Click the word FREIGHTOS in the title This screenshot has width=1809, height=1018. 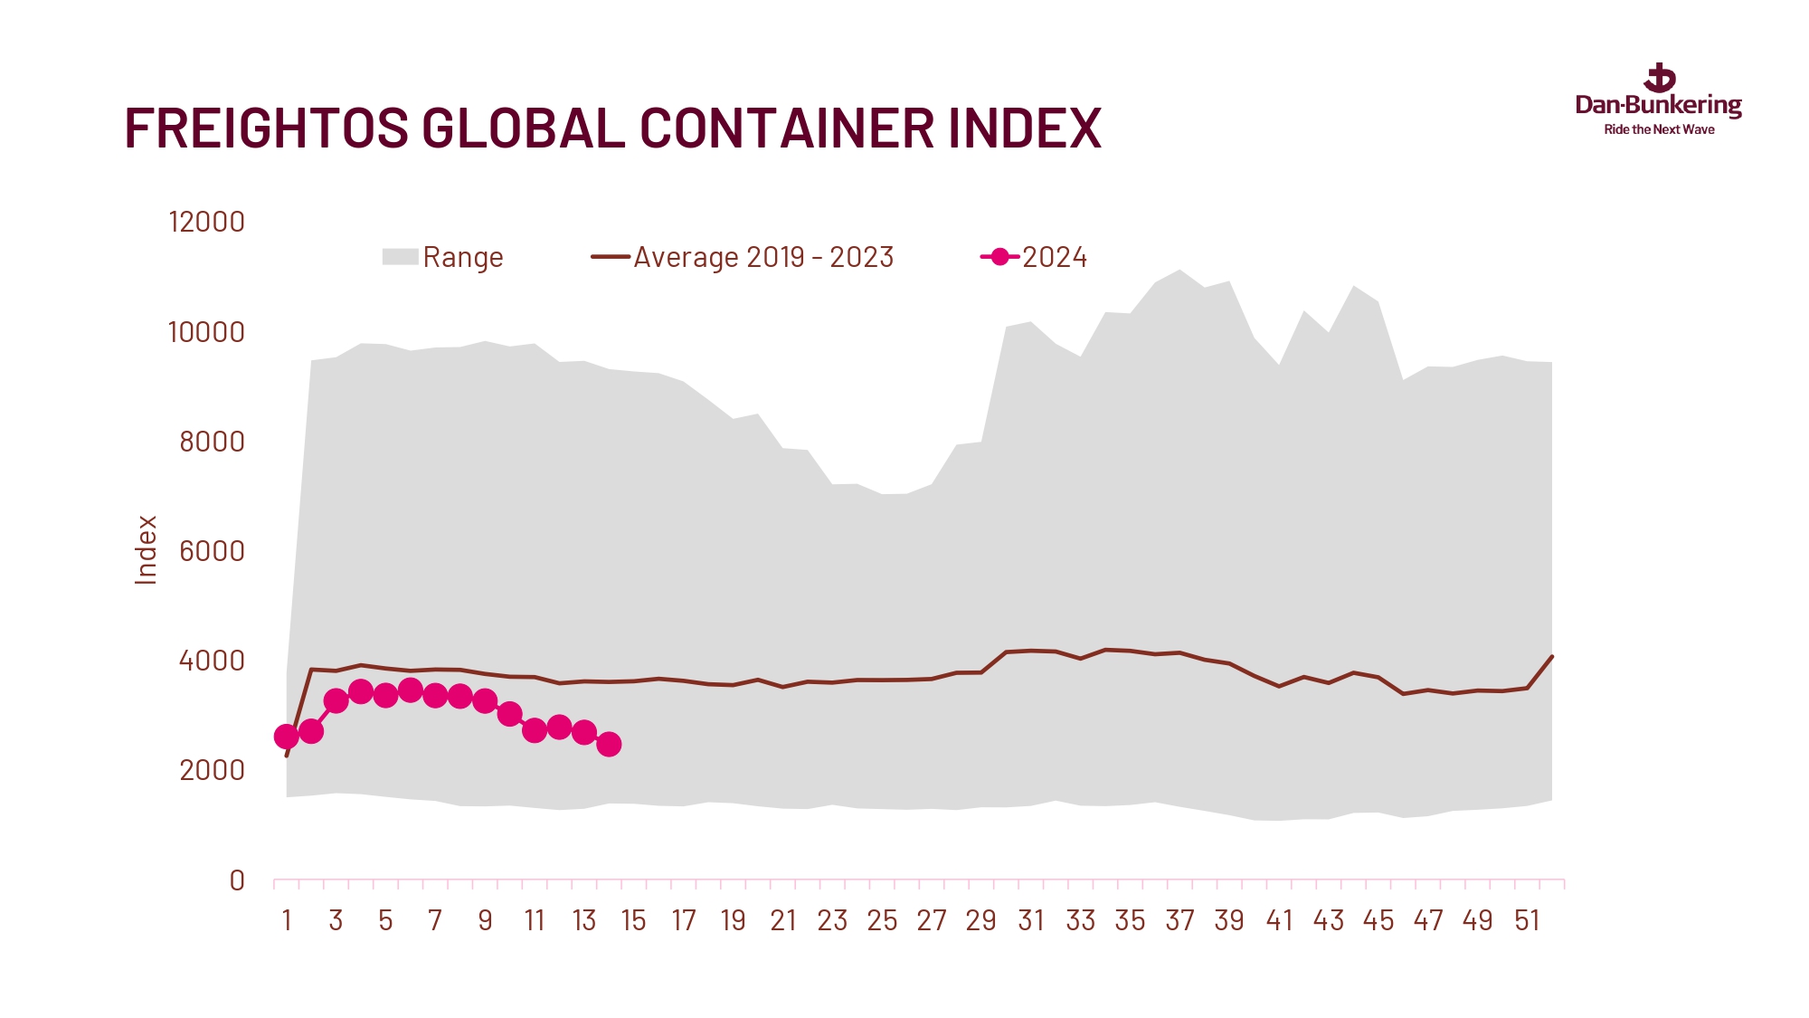click(x=266, y=128)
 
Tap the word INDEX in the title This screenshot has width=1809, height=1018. click(x=1025, y=128)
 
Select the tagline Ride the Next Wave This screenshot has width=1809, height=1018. click(x=1659, y=130)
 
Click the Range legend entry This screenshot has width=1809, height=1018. click(x=442, y=257)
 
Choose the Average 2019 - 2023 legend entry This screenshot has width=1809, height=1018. click(x=743, y=257)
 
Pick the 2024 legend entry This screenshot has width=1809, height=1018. click(x=1035, y=257)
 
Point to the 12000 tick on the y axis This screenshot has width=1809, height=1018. click(x=206, y=222)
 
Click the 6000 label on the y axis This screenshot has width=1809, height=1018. click(x=212, y=551)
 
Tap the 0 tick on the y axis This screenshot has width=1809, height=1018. click(x=237, y=880)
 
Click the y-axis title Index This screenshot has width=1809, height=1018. click(x=146, y=550)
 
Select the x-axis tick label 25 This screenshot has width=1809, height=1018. click(x=882, y=921)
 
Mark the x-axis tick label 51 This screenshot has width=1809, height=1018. click(x=1527, y=921)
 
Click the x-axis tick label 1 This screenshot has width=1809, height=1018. click(x=287, y=921)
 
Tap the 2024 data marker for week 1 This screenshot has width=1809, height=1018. click(x=287, y=737)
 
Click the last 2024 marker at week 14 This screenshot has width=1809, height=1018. click(x=609, y=744)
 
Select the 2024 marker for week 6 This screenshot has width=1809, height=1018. click(x=411, y=690)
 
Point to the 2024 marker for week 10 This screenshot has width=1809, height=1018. click(x=509, y=714)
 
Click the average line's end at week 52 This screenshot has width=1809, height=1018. click(x=1552, y=656)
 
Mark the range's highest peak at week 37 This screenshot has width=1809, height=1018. click(x=1179, y=270)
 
